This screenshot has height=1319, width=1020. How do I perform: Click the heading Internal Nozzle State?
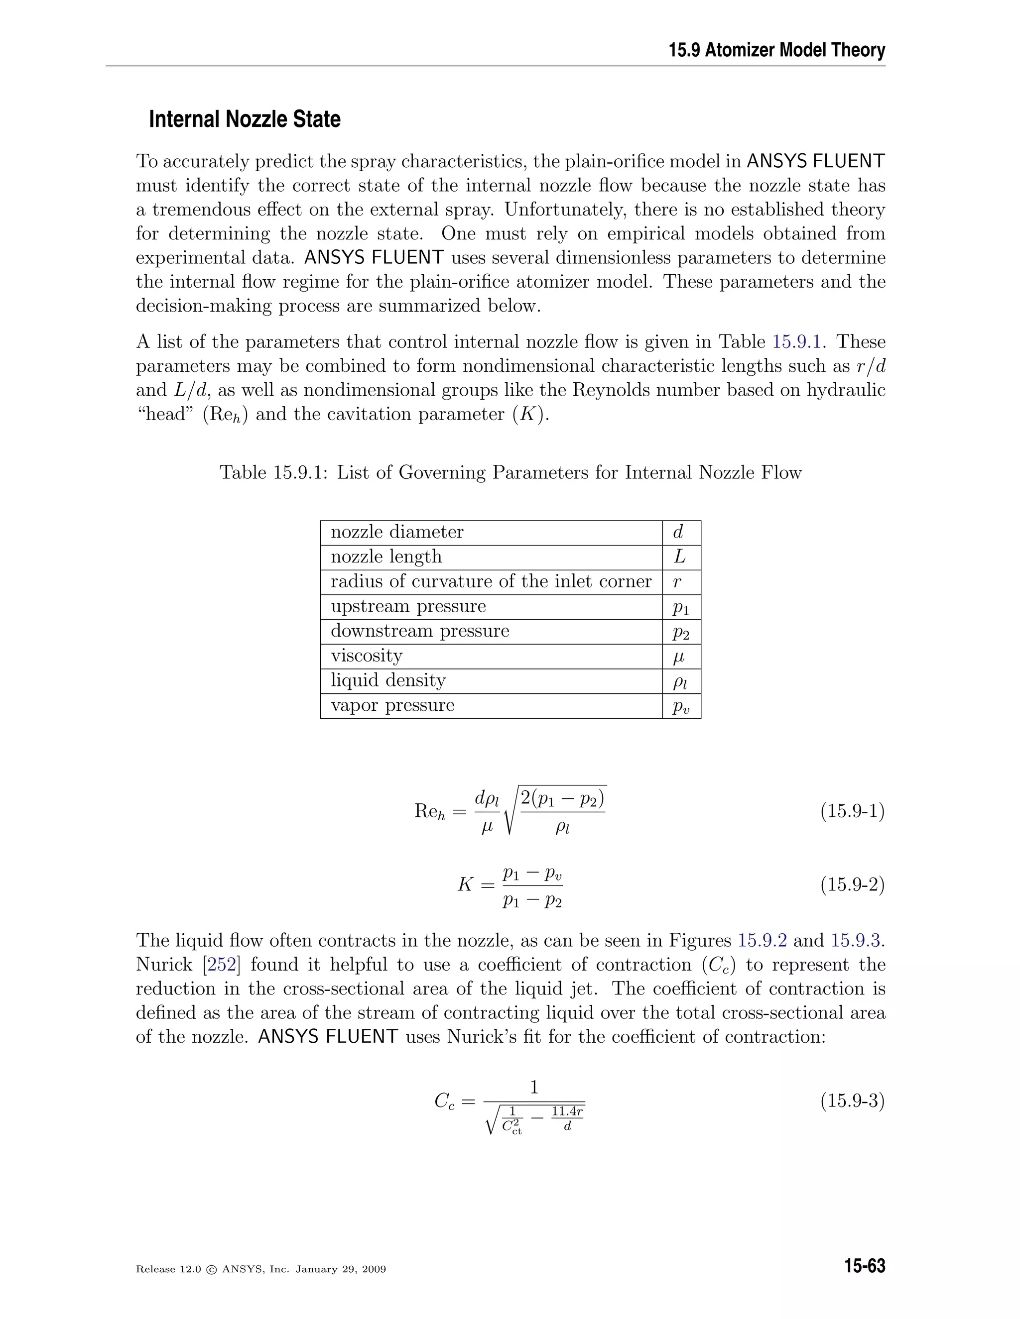tap(244, 119)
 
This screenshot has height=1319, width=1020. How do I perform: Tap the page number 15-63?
tap(865, 1266)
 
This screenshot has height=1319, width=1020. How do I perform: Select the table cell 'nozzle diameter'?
tap(397, 532)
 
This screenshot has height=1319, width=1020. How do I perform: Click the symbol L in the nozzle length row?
tap(680, 557)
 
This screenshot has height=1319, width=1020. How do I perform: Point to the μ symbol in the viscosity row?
tap(679, 657)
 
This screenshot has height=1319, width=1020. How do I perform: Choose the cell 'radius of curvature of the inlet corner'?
tap(491, 581)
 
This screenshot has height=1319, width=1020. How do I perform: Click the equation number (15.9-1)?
tap(852, 810)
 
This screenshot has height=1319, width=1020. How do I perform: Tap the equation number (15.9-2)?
tap(852, 885)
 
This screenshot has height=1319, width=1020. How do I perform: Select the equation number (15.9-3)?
tap(852, 1101)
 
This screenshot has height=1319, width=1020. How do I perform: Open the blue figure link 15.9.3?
tap(855, 940)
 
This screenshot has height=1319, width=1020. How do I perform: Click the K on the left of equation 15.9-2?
tap(465, 885)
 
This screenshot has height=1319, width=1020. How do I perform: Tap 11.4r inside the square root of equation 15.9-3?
tap(567, 1110)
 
